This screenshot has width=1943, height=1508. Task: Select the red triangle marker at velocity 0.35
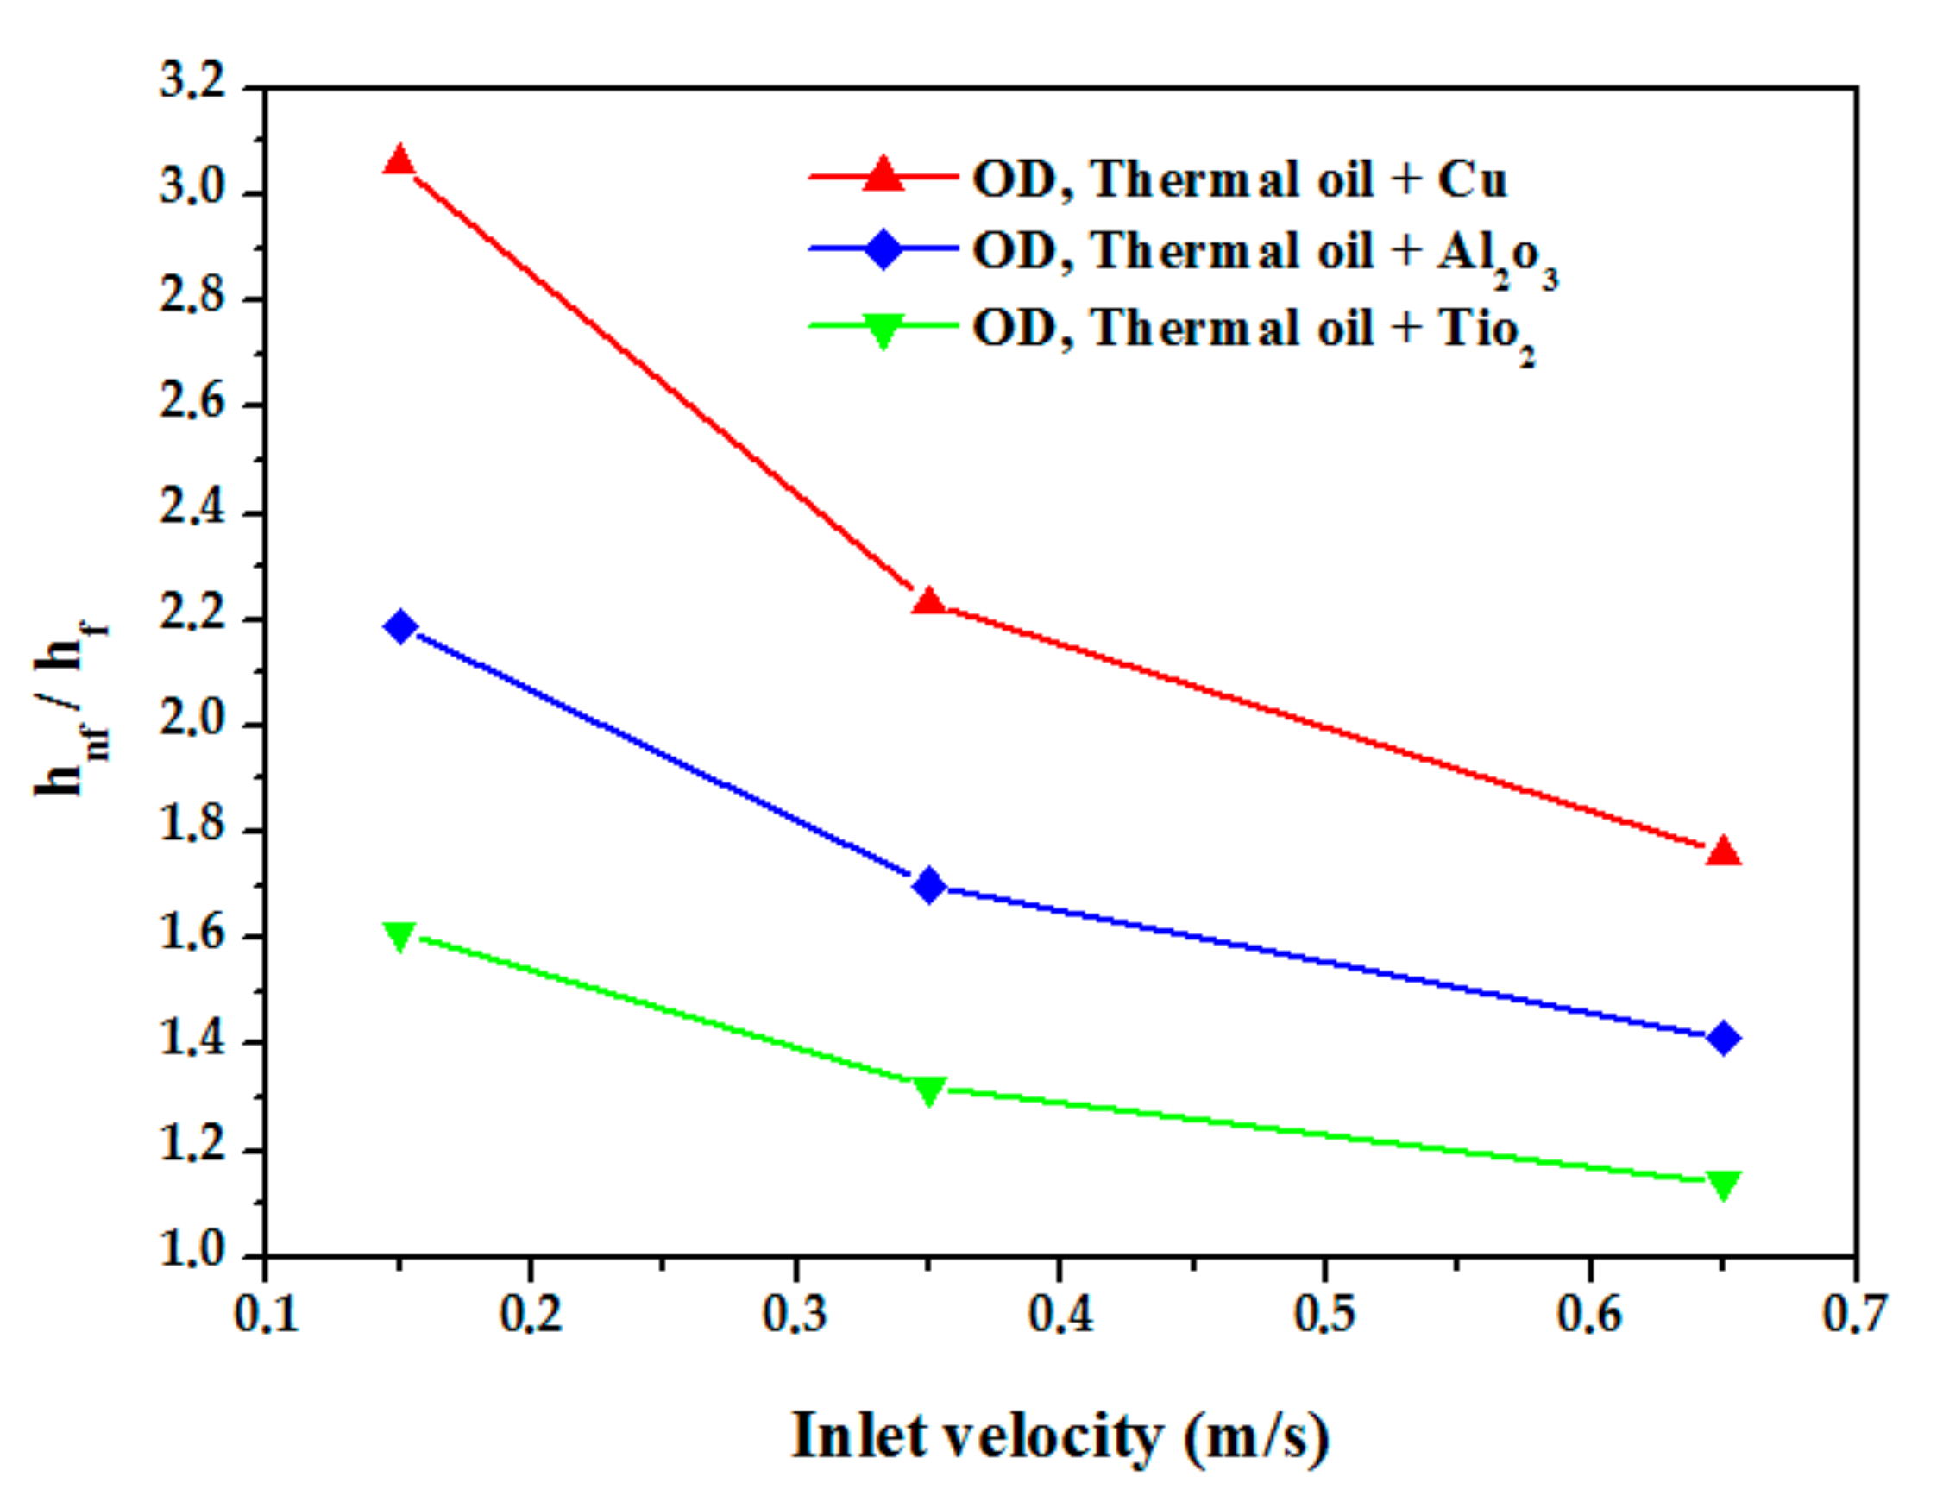tap(929, 602)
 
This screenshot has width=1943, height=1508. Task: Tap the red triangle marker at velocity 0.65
tap(1723, 851)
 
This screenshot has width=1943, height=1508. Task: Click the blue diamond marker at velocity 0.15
tap(400, 626)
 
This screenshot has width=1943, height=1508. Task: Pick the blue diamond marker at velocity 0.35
tap(929, 885)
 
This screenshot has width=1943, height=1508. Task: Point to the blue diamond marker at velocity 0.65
tap(1723, 1037)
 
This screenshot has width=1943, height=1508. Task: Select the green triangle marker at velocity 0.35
tap(929, 1090)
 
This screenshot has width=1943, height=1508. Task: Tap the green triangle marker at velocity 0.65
tap(1723, 1184)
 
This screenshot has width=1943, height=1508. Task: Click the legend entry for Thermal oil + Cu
tap(1239, 179)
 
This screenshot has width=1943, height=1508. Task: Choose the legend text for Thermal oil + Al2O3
tap(1263, 253)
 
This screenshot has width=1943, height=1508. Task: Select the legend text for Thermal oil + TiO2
tap(1253, 330)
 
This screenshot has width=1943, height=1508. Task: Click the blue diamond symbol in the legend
tap(883, 248)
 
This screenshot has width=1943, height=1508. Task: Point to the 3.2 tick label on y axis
tap(192, 85)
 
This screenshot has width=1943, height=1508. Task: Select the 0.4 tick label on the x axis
tap(1060, 1314)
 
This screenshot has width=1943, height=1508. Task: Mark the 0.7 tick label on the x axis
tap(1855, 1314)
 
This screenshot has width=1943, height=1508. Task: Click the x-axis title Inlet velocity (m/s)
tap(1060, 1435)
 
